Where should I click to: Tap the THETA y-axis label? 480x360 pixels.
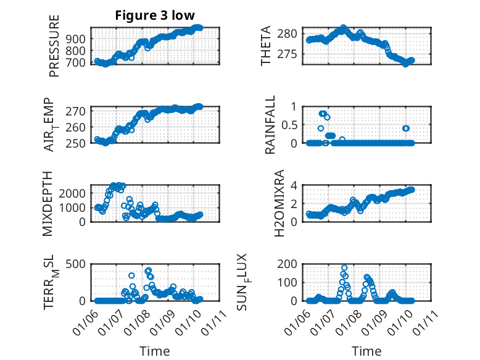click(x=266, y=46)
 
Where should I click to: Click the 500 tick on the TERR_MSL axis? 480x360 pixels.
click(x=77, y=264)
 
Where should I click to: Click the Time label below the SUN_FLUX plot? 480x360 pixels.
click(x=366, y=351)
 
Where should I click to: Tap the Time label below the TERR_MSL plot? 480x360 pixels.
click(x=155, y=351)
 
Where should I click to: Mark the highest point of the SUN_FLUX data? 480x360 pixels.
click(x=344, y=268)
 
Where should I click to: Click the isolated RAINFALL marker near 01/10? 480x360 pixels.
click(x=405, y=128)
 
